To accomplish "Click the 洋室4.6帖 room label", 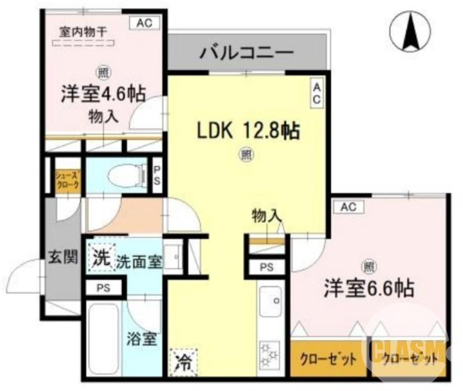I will click(x=104, y=93).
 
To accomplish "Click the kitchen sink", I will click(x=271, y=302).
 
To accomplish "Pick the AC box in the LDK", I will click(x=317, y=93).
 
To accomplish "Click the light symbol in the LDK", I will click(x=247, y=154).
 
